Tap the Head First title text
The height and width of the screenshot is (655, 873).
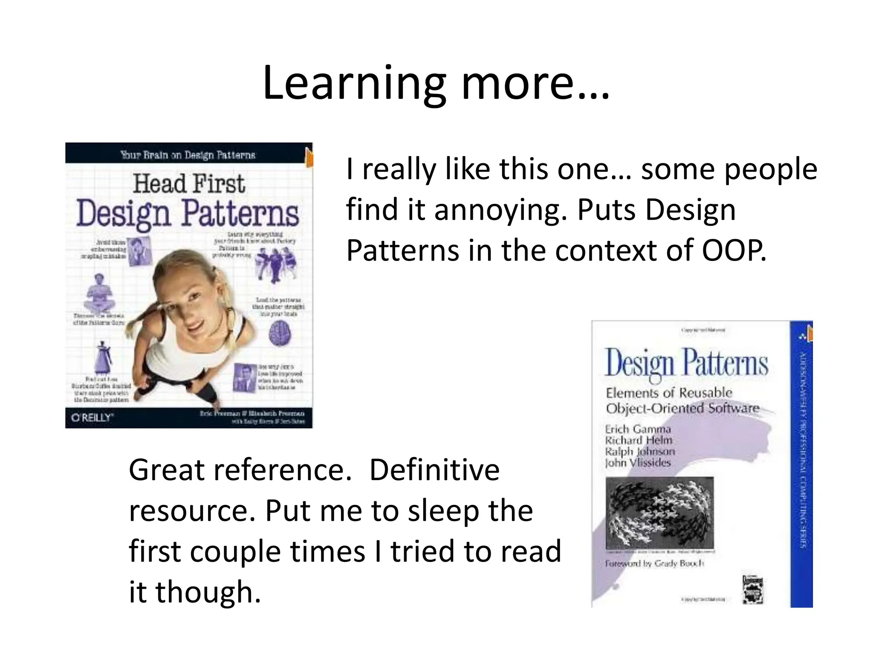[x=189, y=184]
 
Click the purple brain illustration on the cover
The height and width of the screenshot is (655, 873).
[x=280, y=333]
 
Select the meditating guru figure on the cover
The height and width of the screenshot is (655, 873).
[x=99, y=294]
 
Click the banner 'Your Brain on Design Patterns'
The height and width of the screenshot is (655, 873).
[x=188, y=154]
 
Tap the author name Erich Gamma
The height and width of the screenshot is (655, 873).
[x=638, y=429]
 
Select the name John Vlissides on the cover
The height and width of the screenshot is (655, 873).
[x=638, y=462]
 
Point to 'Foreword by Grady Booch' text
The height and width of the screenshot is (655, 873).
[x=654, y=563]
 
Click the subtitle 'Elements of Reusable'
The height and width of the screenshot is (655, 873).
[x=668, y=392]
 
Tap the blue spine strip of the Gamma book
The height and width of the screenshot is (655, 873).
[x=801, y=465]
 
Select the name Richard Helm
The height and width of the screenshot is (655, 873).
[x=638, y=440]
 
